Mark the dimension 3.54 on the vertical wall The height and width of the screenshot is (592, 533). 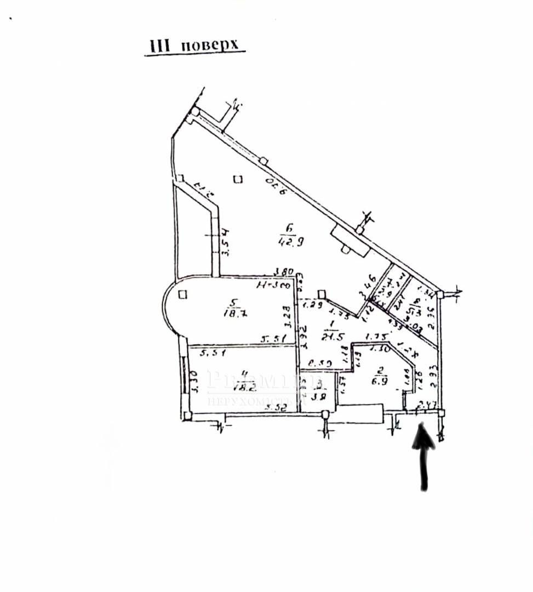coord(225,243)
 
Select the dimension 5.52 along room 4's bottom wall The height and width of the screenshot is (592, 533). coord(277,407)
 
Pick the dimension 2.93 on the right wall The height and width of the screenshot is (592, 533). coord(433,377)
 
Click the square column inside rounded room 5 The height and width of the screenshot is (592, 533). coord(182,294)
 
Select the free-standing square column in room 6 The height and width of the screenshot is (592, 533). coord(237,179)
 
